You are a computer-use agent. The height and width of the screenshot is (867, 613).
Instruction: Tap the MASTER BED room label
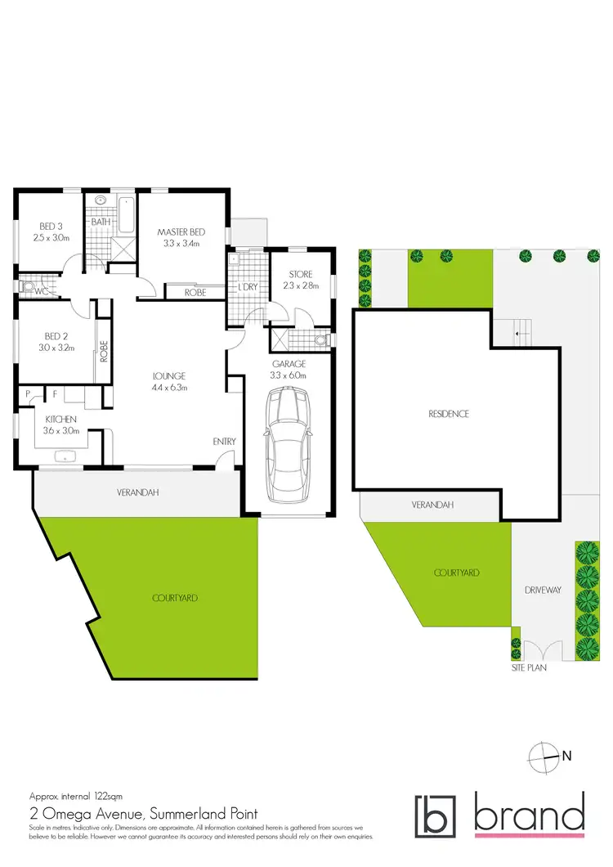pos(181,232)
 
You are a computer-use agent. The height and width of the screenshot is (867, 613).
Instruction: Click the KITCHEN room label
pos(51,418)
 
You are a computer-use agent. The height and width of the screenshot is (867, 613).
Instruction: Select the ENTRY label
pos(225,442)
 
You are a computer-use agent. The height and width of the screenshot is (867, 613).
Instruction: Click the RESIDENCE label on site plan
pos(449,414)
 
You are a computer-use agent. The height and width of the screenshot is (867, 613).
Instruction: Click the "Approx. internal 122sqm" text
pos(75,796)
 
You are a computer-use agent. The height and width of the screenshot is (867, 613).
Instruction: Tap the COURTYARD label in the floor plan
pos(175,598)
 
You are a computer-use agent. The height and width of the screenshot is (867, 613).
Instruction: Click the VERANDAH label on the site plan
pos(432,506)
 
